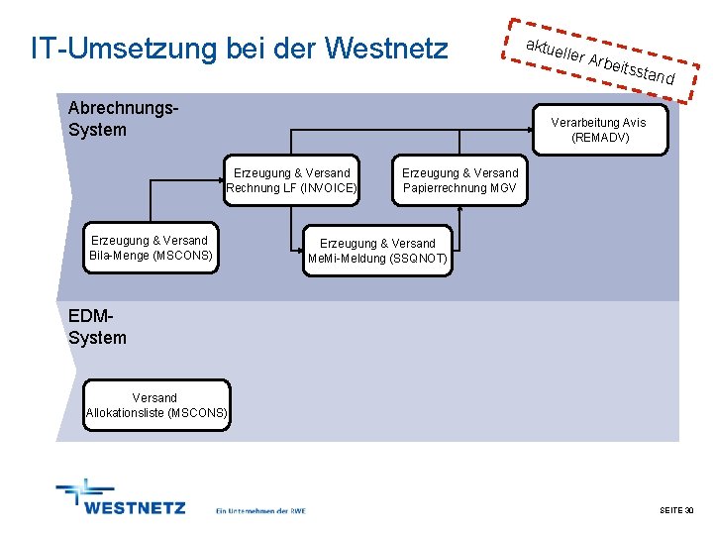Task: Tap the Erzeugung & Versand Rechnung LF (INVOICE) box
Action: tap(291, 179)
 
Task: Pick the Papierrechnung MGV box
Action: tap(459, 179)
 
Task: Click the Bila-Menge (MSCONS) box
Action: tap(150, 248)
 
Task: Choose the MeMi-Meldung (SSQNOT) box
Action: tap(377, 251)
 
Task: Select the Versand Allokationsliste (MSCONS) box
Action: tap(156, 405)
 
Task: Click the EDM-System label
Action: tap(97, 327)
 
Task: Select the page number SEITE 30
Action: tap(676, 509)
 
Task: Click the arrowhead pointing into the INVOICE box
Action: tap(222, 179)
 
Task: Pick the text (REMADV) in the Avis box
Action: tap(599, 138)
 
